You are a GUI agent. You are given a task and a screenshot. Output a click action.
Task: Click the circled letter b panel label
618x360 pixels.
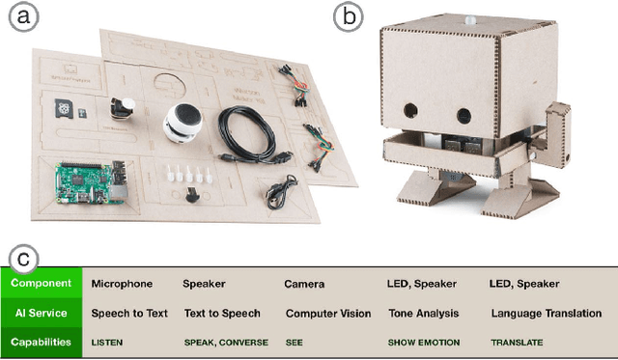tap(347, 16)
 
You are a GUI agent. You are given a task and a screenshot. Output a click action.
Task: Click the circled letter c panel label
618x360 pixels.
tap(26, 258)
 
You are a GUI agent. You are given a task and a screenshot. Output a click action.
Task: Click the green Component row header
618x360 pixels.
tap(42, 284)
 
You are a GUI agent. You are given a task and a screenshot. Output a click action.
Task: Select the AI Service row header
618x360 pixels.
tap(42, 313)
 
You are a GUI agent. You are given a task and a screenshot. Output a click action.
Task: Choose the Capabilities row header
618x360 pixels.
tap(42, 342)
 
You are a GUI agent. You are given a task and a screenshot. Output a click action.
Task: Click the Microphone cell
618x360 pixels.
tap(123, 285)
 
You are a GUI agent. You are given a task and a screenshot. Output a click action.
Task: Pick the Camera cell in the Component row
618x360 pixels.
tap(304, 285)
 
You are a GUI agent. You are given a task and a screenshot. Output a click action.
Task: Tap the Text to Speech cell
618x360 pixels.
tap(221, 314)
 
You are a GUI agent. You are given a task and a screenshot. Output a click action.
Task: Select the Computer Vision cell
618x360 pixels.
tap(327, 314)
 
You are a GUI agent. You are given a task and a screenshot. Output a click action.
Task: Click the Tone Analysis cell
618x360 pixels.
tap(425, 314)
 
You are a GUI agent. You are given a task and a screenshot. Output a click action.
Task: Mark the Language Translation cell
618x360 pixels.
tap(546, 314)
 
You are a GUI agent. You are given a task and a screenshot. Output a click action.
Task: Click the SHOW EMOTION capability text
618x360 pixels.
tap(424, 343)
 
